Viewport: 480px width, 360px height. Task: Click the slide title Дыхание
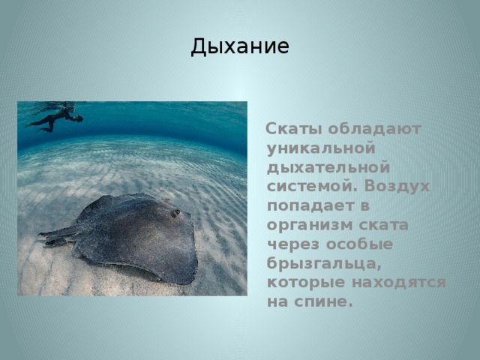240,47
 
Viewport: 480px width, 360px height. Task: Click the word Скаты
294,129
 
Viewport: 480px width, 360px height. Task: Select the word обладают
375,129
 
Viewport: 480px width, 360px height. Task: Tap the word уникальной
321,148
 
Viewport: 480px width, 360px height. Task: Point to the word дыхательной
328,168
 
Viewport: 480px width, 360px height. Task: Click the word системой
312,186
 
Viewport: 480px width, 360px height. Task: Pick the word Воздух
397,187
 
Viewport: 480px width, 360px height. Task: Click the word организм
310,226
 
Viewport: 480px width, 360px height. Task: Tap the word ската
383,225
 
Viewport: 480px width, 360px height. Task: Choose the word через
293,244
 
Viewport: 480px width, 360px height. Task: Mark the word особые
359,244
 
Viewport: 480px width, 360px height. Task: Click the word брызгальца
324,264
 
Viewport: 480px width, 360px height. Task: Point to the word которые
306,283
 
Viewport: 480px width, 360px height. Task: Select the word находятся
398,283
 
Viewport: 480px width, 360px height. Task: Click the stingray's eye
176,211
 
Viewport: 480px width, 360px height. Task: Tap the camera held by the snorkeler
79,118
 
